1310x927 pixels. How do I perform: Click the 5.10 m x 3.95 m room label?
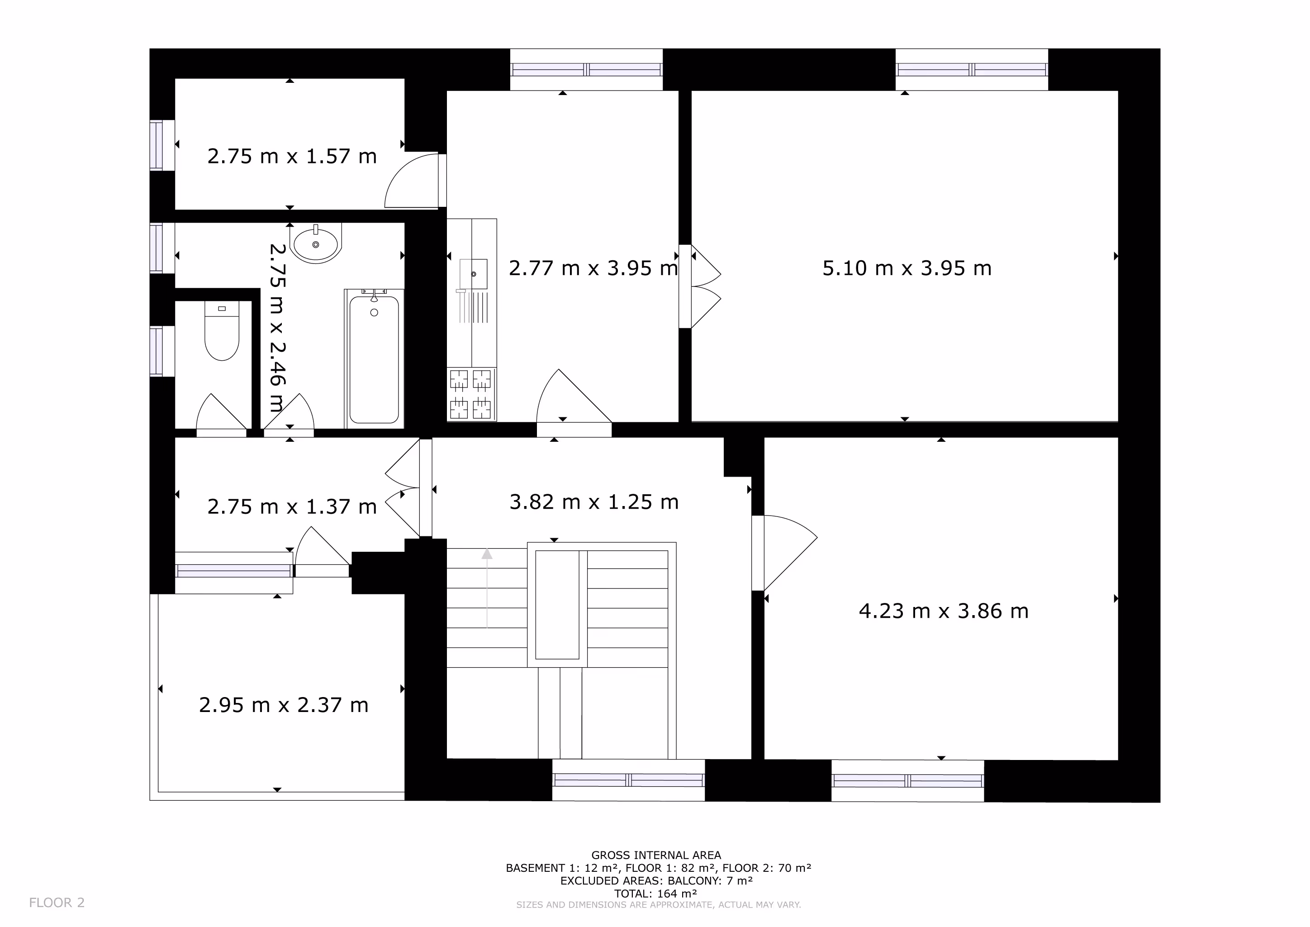tap(907, 268)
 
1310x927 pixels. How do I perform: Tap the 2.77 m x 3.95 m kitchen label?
tap(593, 268)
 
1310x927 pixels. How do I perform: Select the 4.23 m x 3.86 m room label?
tap(944, 612)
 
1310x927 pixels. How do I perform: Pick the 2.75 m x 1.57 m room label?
tap(292, 157)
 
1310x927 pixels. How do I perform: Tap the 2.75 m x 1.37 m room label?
tap(292, 507)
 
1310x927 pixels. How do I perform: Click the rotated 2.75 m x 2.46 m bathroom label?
tap(277, 328)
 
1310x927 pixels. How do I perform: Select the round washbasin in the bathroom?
tap(316, 244)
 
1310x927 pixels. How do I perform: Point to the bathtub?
tap(374, 358)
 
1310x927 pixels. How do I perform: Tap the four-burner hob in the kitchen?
tap(471, 394)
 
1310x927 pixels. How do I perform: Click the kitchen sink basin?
tap(474, 274)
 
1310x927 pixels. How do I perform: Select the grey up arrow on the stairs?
tap(487, 588)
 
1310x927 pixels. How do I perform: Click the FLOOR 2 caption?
tap(57, 903)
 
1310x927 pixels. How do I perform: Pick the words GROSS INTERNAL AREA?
tap(656, 855)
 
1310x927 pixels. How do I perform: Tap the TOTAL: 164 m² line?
tap(655, 894)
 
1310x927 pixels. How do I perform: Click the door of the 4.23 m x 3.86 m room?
tap(784, 553)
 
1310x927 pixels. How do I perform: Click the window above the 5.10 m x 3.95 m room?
tap(972, 70)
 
